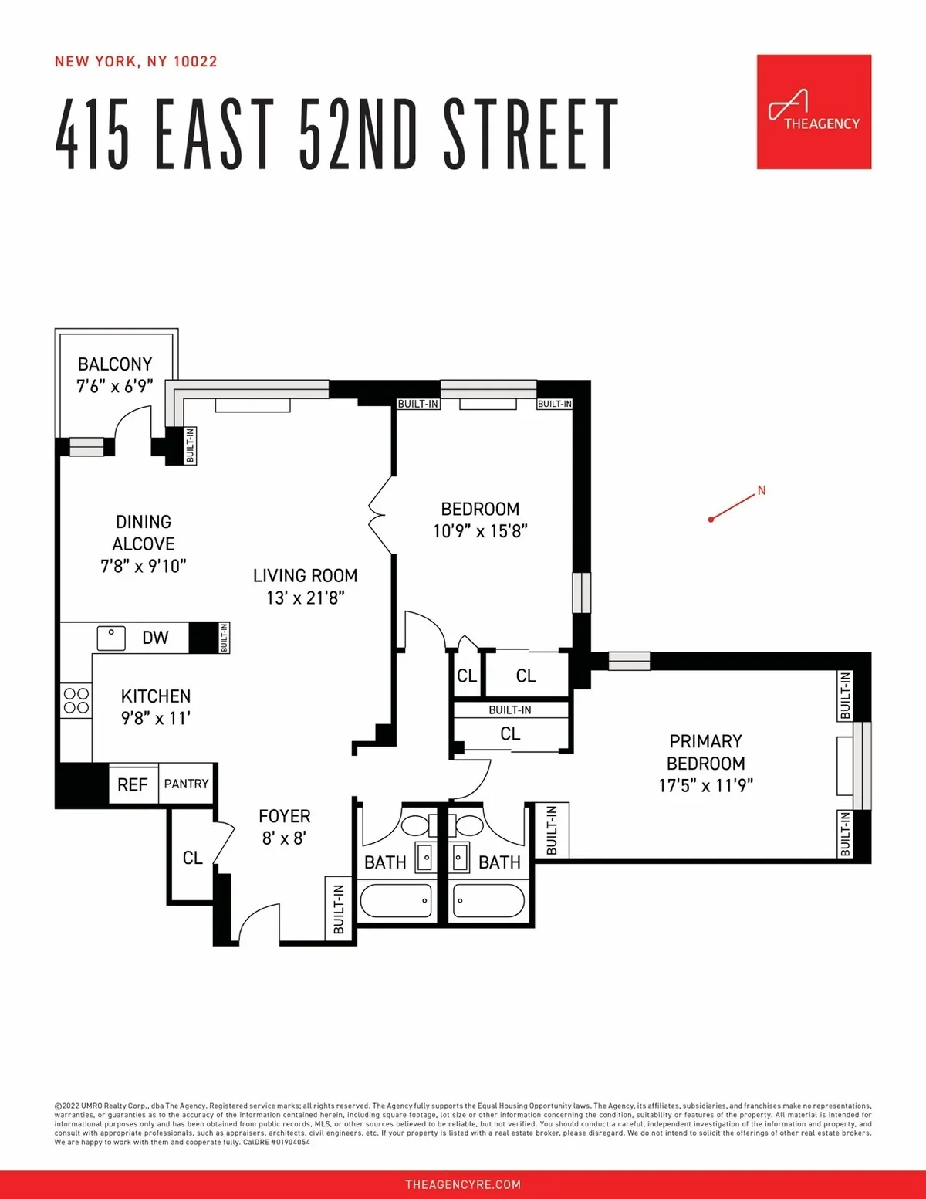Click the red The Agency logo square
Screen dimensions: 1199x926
pyautogui.click(x=813, y=112)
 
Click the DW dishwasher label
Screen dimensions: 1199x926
pyautogui.click(x=155, y=638)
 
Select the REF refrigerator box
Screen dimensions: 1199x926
pyautogui.click(x=133, y=784)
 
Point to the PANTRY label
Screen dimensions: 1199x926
pyautogui.click(x=187, y=784)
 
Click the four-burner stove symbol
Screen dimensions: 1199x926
pyautogui.click(x=76, y=700)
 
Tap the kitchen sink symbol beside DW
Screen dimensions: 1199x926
pyautogui.click(x=111, y=638)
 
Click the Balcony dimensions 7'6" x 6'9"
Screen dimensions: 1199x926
pyautogui.click(x=115, y=386)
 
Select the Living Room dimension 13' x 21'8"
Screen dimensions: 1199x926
pyautogui.click(x=306, y=598)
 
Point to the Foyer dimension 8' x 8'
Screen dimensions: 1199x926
pyautogui.click(x=284, y=838)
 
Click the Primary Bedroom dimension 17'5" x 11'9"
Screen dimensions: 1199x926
pyautogui.click(x=705, y=786)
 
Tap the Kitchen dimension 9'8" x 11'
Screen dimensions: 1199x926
pyautogui.click(x=155, y=718)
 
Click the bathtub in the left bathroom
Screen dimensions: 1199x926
pyautogui.click(x=396, y=900)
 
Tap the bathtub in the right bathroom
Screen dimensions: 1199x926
pyautogui.click(x=489, y=900)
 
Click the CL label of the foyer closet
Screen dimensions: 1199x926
pyautogui.click(x=192, y=858)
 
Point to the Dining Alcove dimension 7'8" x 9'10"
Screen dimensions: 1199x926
pyautogui.click(x=144, y=566)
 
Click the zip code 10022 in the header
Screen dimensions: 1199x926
pyautogui.click(x=195, y=62)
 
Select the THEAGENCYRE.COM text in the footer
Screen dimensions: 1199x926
pyautogui.click(x=463, y=1184)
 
